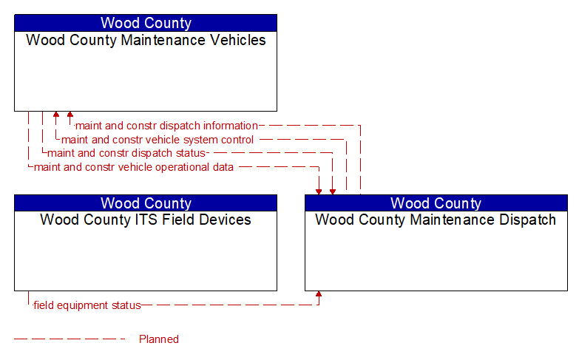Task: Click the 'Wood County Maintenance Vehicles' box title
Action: click(146, 40)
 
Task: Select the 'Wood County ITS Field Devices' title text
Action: click(146, 220)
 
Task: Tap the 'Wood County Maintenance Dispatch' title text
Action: click(436, 220)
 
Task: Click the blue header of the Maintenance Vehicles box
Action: click(146, 23)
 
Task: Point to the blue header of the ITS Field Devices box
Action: click(146, 203)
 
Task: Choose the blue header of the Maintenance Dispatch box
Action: click(436, 203)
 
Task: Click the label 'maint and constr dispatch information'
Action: click(166, 126)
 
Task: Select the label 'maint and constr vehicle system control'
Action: click(158, 140)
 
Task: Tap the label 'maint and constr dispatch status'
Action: click(126, 153)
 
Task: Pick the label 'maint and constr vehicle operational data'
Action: click(134, 167)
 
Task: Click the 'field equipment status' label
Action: click(87, 305)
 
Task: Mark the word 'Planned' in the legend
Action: click(159, 339)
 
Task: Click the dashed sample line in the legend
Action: click(70, 339)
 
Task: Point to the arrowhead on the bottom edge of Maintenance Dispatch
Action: click(319, 294)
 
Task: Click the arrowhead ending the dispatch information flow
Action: click(70, 115)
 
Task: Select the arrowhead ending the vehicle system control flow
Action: click(56, 115)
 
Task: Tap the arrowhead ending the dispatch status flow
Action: click(333, 191)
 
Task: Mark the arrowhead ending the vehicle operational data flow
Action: click(319, 191)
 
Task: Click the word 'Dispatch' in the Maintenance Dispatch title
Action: click(528, 220)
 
